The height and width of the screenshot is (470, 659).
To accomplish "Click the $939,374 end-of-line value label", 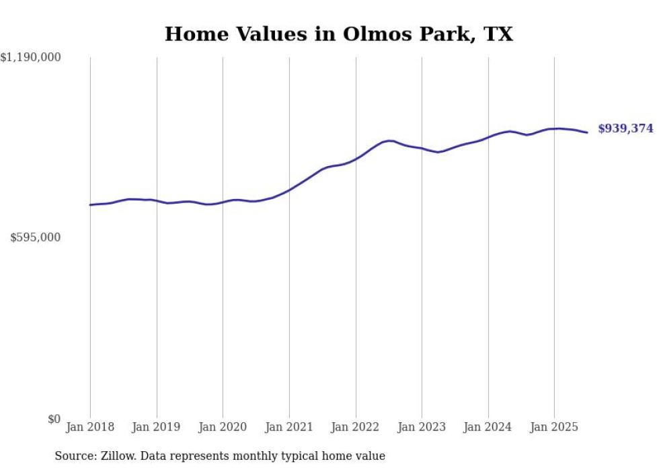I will (x=625, y=128).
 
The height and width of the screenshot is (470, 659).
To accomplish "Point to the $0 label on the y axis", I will (x=54, y=419).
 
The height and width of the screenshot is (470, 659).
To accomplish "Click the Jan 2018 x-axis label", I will (x=90, y=427).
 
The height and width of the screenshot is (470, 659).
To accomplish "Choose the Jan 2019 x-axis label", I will (x=157, y=427).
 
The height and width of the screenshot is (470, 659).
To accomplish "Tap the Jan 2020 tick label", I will (x=223, y=427).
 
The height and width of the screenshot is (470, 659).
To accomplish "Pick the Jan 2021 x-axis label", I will (x=289, y=427).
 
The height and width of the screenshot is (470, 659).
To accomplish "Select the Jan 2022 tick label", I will (x=356, y=427).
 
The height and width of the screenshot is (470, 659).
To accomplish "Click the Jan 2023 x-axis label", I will (x=422, y=427).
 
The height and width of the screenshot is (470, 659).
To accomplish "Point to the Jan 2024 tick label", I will (x=488, y=427).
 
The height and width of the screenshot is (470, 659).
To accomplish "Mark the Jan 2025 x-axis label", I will (x=554, y=427).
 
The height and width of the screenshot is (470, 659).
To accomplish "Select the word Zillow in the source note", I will (x=113, y=456).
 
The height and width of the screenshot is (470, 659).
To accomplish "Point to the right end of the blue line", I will (x=588, y=132).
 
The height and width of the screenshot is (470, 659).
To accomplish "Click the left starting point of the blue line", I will (x=90, y=205).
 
